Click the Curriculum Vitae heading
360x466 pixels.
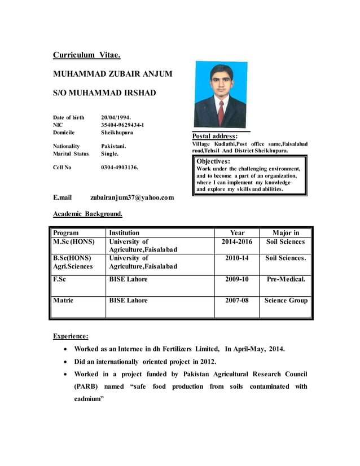[86, 55]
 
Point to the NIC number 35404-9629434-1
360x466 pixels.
[122, 125]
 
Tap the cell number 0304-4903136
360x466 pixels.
[120, 168]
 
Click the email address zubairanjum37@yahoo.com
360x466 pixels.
[132, 198]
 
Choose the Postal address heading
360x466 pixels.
[215, 136]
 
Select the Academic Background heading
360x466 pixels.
[87, 214]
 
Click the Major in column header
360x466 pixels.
[286, 232]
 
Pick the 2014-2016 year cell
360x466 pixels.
[237, 241]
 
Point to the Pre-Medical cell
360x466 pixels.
[286, 279]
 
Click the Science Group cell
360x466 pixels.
[286, 300]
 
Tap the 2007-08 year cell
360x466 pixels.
[237, 300]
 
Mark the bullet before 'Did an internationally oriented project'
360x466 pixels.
[67, 362]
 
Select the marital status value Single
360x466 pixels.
[110, 153]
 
